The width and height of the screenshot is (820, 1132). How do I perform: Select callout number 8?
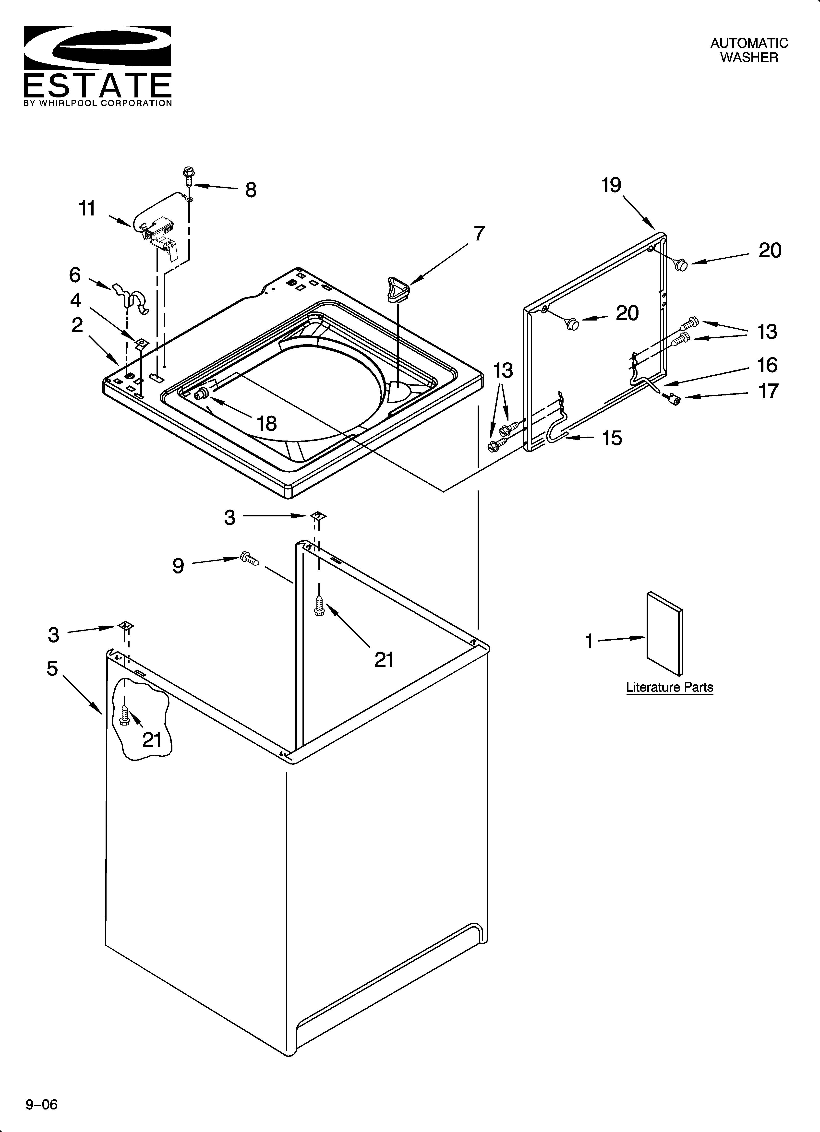[x=251, y=190]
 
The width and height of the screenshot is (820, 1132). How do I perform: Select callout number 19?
[x=611, y=185]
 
